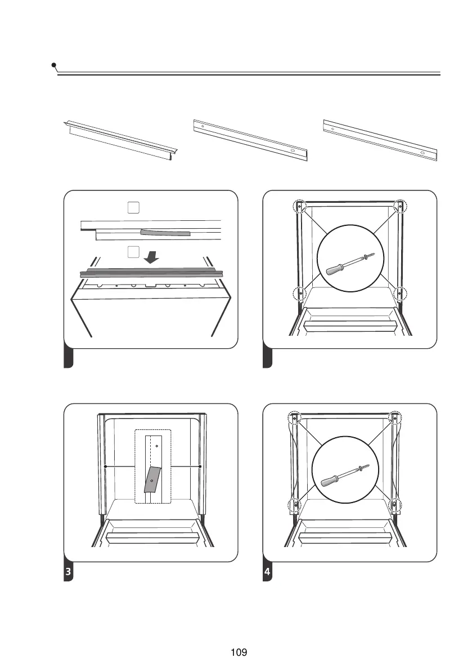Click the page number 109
click(x=239, y=652)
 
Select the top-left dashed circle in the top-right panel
click(x=300, y=206)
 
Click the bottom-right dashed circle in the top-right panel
click(x=400, y=293)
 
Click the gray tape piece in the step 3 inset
click(x=152, y=479)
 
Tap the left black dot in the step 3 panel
click(x=105, y=466)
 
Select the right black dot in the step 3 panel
click(x=200, y=466)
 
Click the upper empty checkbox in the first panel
click(x=133, y=208)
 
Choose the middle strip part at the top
click(x=251, y=139)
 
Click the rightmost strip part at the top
click(x=381, y=139)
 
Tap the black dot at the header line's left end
click(x=53, y=65)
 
